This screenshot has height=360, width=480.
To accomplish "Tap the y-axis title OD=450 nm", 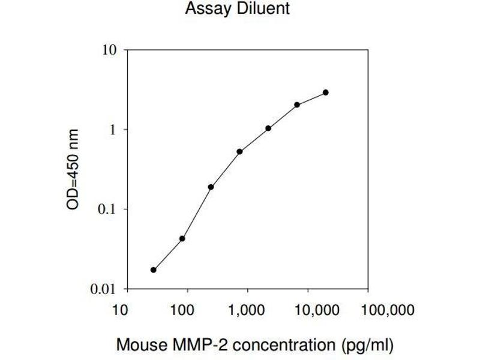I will [73, 170].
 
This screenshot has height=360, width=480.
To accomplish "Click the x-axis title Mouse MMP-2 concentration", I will [255, 345].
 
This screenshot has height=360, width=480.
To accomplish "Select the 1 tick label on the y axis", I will [112, 130].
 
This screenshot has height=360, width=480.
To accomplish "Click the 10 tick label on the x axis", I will [121, 310].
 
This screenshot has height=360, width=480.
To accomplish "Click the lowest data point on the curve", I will [154, 270].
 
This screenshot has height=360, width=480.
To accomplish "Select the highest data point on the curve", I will [326, 92].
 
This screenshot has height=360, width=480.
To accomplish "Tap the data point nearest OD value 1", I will [268, 128].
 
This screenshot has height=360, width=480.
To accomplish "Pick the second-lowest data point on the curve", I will [182, 238].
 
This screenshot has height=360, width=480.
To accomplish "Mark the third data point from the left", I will [211, 187].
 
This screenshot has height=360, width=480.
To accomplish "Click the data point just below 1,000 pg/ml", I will [239, 151].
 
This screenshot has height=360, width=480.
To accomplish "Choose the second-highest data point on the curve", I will [297, 105].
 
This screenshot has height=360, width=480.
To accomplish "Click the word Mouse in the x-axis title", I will [136, 345].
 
